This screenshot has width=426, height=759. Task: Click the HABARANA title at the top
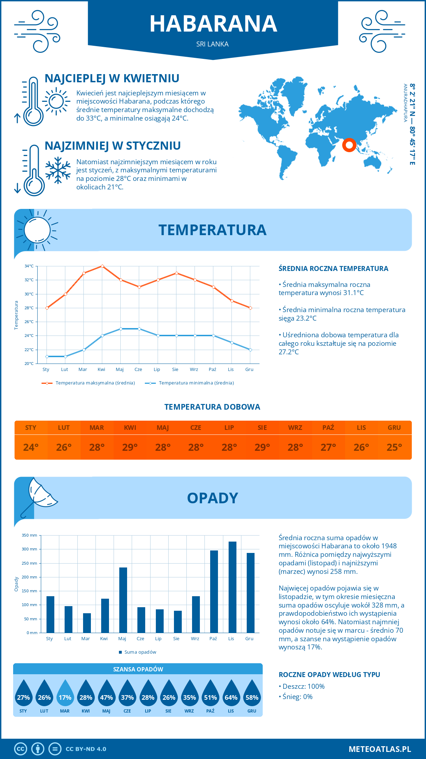213,24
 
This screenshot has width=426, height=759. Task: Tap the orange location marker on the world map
349,145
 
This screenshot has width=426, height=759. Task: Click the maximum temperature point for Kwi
102,266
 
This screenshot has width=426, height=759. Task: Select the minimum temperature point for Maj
121,329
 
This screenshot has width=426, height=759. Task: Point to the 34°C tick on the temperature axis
29,266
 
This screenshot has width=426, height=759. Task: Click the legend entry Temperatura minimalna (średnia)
196,383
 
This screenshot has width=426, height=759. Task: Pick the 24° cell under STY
31,447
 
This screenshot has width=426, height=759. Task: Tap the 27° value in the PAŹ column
328,447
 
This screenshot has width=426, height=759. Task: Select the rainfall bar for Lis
232,587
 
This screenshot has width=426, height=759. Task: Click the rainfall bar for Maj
123,600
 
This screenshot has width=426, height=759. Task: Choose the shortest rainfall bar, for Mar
87,623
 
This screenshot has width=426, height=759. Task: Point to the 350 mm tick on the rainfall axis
29,535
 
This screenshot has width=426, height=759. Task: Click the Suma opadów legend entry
140,652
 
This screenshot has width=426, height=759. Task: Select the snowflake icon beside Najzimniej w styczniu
58,170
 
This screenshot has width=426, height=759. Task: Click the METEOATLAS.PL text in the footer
379,749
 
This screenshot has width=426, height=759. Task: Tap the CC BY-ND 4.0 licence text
86,749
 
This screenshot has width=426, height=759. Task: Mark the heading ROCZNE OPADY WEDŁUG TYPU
329,675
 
